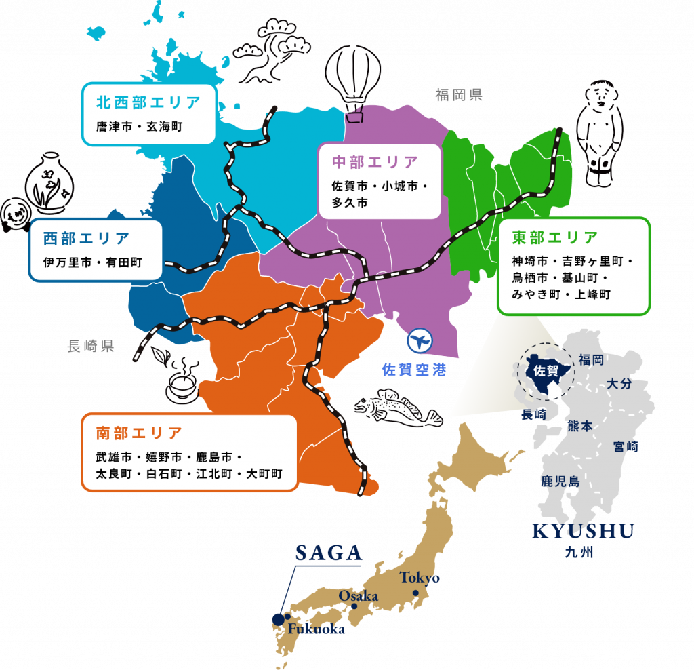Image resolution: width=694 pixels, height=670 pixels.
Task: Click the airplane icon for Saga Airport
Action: pyautogui.click(x=420, y=340)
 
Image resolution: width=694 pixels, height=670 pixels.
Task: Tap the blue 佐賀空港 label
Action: pyautogui.click(x=414, y=370)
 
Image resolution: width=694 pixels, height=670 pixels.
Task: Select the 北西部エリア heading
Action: pyautogui.click(x=148, y=102)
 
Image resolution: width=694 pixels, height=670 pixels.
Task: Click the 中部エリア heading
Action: pyautogui.click(x=375, y=162)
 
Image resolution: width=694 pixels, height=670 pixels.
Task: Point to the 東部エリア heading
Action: pyautogui.click(x=555, y=237)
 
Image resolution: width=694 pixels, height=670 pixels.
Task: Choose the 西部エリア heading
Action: pyautogui.click(x=86, y=239)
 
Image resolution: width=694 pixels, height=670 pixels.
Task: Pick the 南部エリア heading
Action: pyautogui.click(x=139, y=433)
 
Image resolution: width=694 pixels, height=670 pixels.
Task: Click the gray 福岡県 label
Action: pyautogui.click(x=459, y=95)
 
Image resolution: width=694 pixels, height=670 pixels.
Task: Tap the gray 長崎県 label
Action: pyautogui.click(x=91, y=347)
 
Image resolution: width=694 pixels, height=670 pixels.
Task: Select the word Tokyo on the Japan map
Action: pyautogui.click(x=420, y=578)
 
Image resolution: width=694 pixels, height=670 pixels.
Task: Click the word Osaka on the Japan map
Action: pyautogui.click(x=358, y=595)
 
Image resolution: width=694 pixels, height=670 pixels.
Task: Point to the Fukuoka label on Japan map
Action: pyautogui.click(x=316, y=629)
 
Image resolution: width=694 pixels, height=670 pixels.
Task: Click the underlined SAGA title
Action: pyautogui.click(x=329, y=553)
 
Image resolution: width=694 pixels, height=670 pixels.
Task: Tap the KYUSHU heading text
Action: pyautogui.click(x=583, y=532)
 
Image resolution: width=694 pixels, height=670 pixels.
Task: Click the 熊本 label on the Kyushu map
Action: pyautogui.click(x=579, y=426)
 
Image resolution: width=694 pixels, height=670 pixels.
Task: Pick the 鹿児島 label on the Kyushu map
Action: pyautogui.click(x=559, y=481)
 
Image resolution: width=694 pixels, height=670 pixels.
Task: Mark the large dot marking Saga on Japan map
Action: pyautogui.click(x=278, y=618)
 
